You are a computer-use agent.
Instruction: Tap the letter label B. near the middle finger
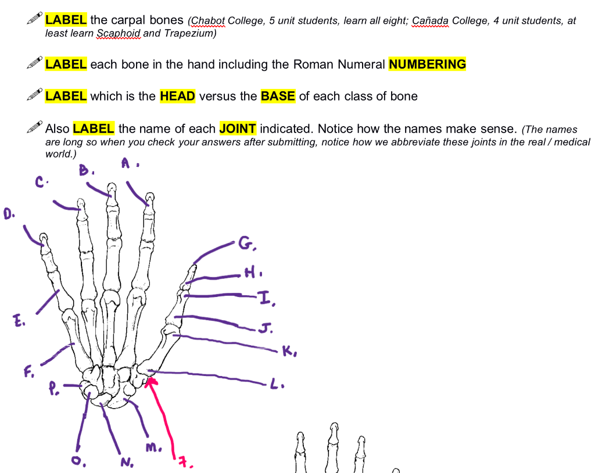pos(85,171)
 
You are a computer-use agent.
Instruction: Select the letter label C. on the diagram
pos(41,182)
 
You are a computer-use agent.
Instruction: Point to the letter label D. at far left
pos(9,214)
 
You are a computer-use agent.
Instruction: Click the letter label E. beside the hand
pos(19,320)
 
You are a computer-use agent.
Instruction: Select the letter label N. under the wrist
pos(126,463)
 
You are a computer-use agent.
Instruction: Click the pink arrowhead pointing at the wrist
pos(151,382)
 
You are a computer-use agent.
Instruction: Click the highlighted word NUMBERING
pos(427,64)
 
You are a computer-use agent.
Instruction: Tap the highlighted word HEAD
pos(177,96)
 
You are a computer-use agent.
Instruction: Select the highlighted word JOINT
pos(238,128)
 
